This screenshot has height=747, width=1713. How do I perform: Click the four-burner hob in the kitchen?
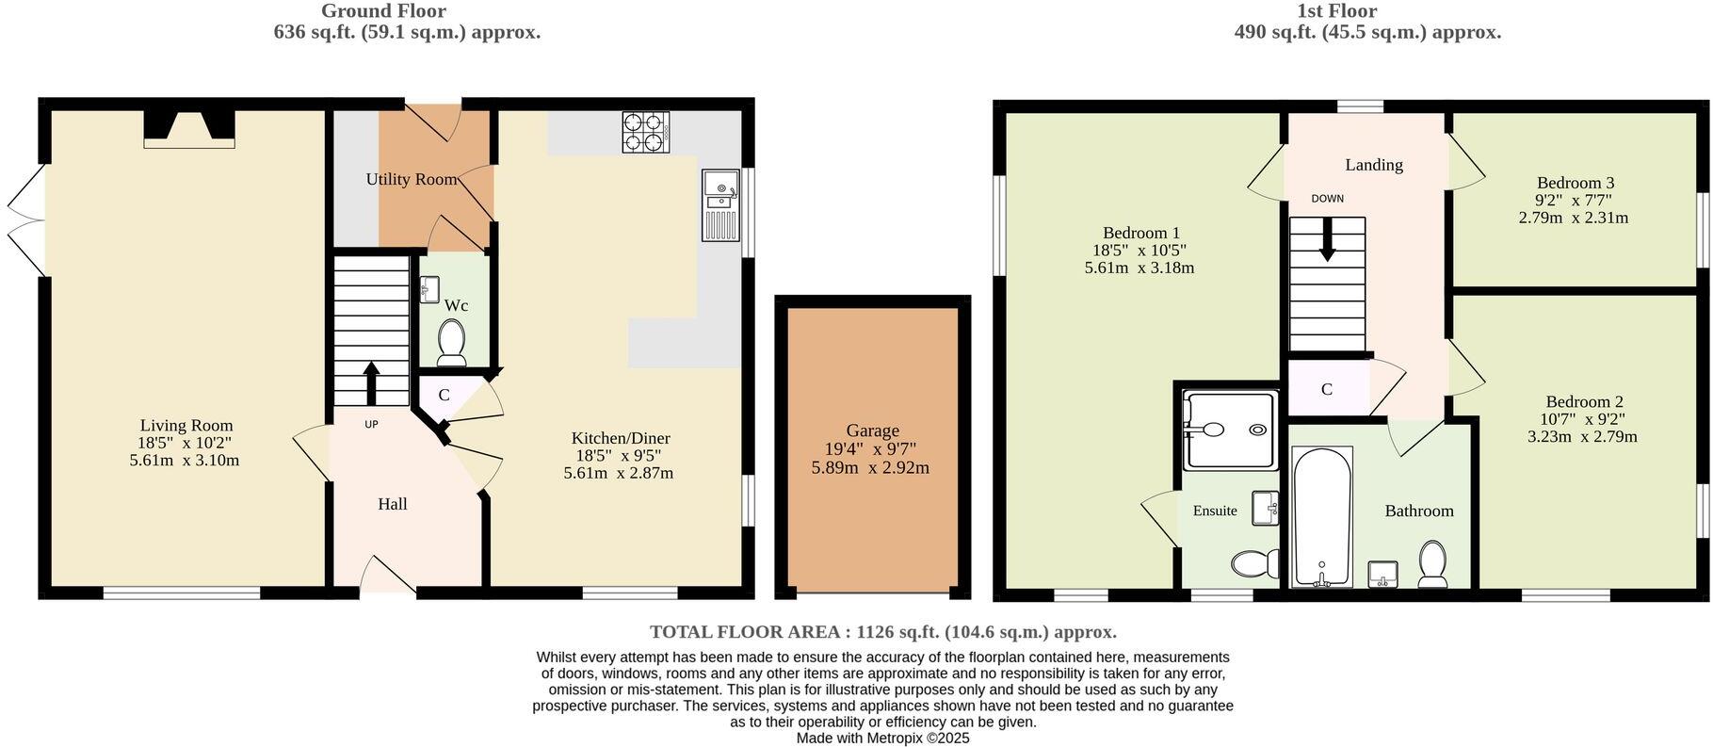[x=645, y=132]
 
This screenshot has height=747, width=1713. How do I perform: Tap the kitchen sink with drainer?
[x=721, y=205]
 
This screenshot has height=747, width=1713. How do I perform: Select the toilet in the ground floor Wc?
[x=452, y=342]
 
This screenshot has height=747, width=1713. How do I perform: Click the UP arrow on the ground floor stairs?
[x=371, y=382]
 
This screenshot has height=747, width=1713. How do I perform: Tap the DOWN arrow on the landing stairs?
[x=1327, y=239]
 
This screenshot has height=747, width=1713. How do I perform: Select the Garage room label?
[x=872, y=430]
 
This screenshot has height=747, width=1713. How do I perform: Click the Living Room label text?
[x=186, y=426]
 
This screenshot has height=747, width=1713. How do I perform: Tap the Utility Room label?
[x=412, y=179]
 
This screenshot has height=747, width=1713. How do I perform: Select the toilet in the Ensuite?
[x=1253, y=564]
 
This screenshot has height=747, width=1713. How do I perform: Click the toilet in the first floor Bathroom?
[x=1432, y=562]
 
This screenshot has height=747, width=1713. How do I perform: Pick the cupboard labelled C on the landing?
[x=1327, y=389]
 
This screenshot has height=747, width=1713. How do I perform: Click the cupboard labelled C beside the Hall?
[x=444, y=396]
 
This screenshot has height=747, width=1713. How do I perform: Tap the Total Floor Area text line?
[x=882, y=632]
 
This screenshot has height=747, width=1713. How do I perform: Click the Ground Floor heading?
[x=383, y=11]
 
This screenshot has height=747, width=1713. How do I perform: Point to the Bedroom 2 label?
[x=1582, y=401]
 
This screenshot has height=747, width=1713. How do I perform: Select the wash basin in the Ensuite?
[x=1265, y=508]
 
